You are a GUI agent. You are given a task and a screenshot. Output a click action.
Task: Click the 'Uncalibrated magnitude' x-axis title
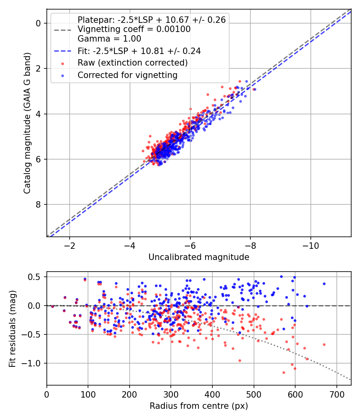pyautogui.click(x=199, y=257)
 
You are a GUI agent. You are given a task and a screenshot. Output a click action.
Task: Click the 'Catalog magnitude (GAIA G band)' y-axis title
pyautogui.click(x=27, y=122)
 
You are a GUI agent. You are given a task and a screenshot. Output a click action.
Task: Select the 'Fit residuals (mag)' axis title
pyautogui.click(x=13, y=329)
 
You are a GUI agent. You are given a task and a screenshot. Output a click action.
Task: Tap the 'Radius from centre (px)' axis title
pyautogui.click(x=199, y=406)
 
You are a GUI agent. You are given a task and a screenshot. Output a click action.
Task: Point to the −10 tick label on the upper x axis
pyautogui.click(x=310, y=245)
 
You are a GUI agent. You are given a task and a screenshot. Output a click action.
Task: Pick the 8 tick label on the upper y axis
pyautogui.click(x=38, y=205)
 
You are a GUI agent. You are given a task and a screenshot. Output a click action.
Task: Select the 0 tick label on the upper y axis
pyautogui.click(x=38, y=23)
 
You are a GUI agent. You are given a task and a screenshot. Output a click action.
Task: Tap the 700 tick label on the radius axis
pyautogui.click(x=336, y=394)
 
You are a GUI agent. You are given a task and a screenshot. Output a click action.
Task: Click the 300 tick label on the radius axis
pyautogui.click(x=171, y=394)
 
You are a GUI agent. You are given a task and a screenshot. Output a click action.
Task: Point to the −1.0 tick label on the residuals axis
pyautogui.click(x=34, y=363)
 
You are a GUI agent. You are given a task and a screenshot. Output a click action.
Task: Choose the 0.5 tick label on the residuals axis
pyautogui.click(x=36, y=277)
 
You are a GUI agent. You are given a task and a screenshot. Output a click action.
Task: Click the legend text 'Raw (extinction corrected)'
pyautogui.click(x=132, y=63)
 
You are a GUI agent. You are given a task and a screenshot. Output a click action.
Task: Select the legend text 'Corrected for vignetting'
pyautogui.click(x=128, y=75)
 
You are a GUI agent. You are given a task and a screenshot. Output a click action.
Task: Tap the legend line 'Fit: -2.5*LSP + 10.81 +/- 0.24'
pyautogui.click(x=139, y=51)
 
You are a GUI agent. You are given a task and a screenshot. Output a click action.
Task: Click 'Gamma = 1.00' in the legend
pyautogui.click(x=109, y=39)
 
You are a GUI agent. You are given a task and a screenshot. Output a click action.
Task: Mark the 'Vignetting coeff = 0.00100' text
pyautogui.click(x=134, y=29)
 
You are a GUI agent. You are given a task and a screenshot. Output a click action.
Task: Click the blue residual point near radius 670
pyautogui.click(x=324, y=284)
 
